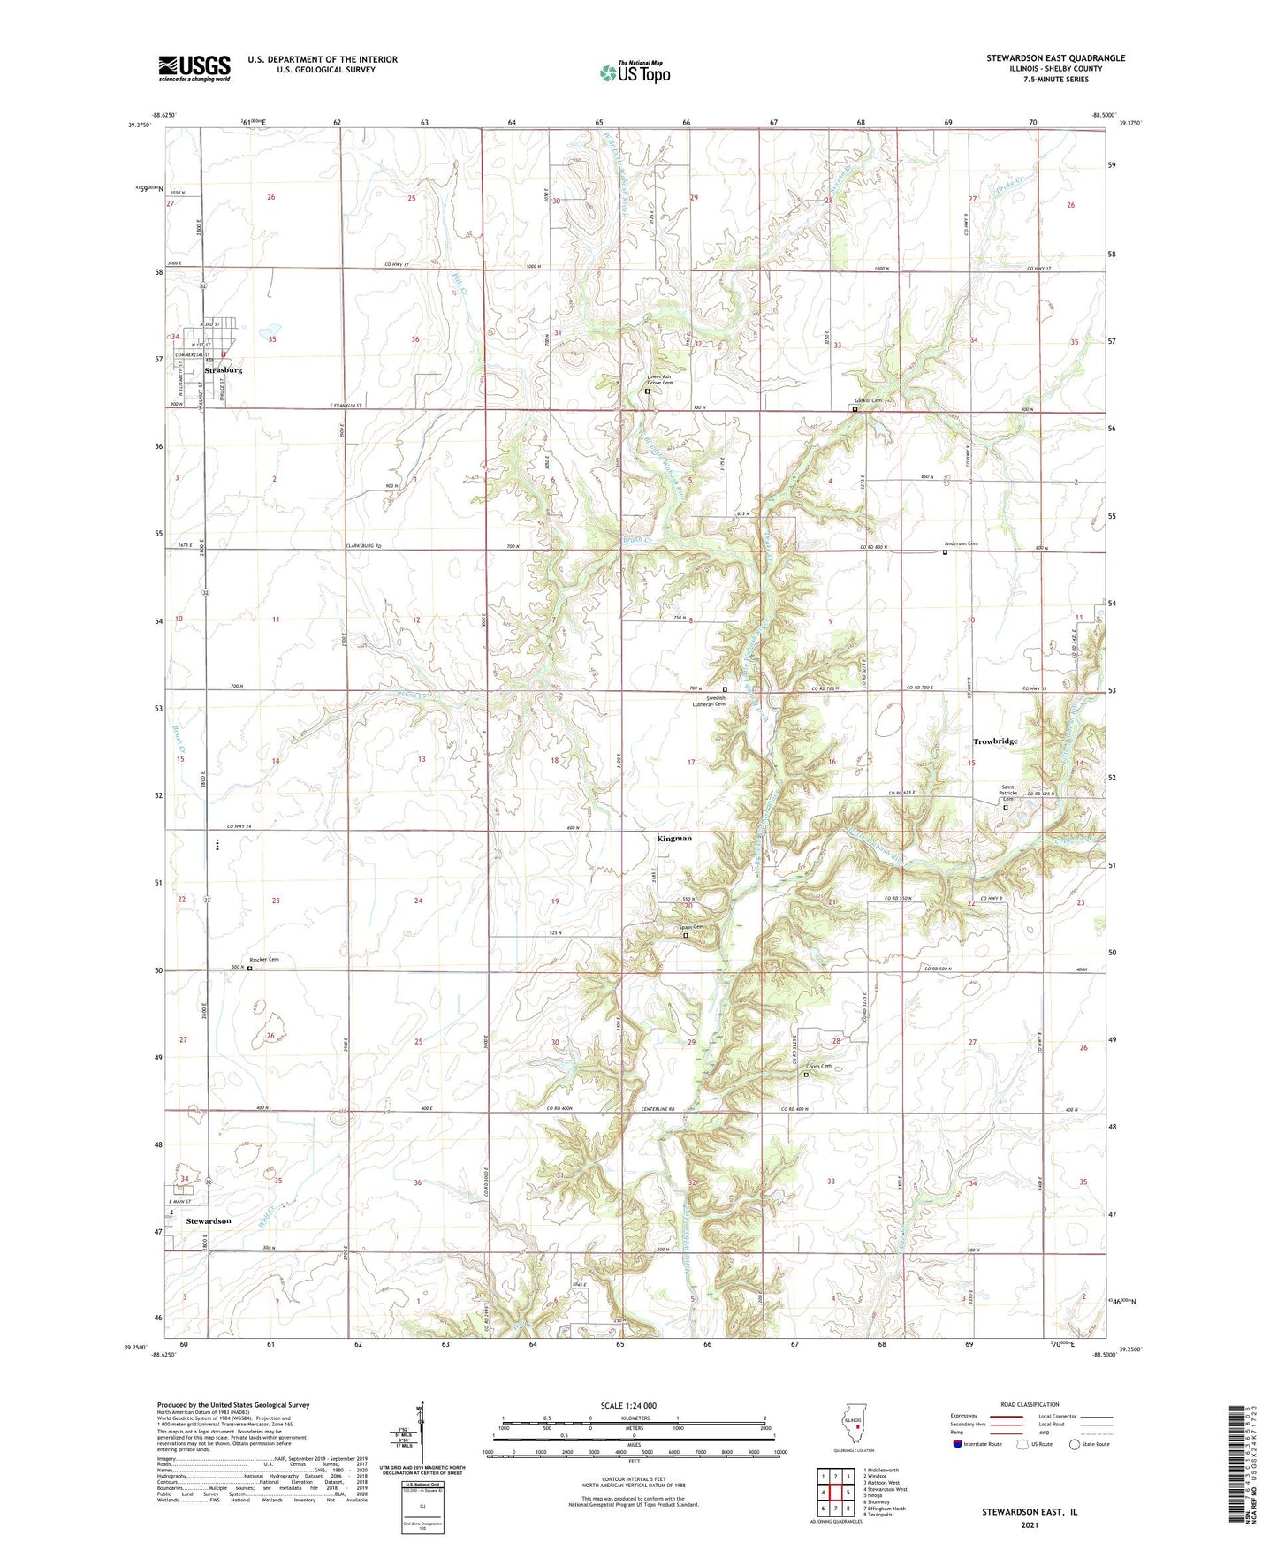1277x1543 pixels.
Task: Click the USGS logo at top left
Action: [x=194, y=68]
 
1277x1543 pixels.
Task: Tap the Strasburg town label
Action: [x=224, y=370]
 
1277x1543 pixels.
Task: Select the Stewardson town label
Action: [x=209, y=1220]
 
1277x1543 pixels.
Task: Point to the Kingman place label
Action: [x=674, y=838]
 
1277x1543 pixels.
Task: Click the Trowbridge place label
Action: [x=995, y=741]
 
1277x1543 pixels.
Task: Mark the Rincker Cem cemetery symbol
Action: [x=249, y=969]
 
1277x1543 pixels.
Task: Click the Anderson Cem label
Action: [x=961, y=543]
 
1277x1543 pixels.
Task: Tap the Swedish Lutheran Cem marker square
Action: [x=726, y=689]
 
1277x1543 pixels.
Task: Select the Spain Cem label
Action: [x=691, y=927]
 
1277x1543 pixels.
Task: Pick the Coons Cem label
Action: [x=818, y=1067]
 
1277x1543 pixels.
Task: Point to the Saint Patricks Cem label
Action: [x=1008, y=793]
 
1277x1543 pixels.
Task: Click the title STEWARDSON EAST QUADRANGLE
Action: [x=1055, y=58]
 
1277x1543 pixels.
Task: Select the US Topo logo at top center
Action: [x=634, y=72]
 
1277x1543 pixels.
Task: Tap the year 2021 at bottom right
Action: [x=1030, y=1524]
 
